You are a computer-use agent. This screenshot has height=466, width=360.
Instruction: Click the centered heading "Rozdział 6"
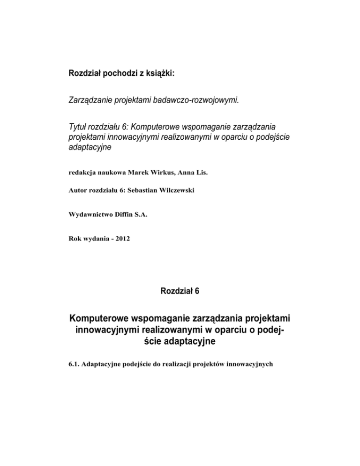point(180,291)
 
